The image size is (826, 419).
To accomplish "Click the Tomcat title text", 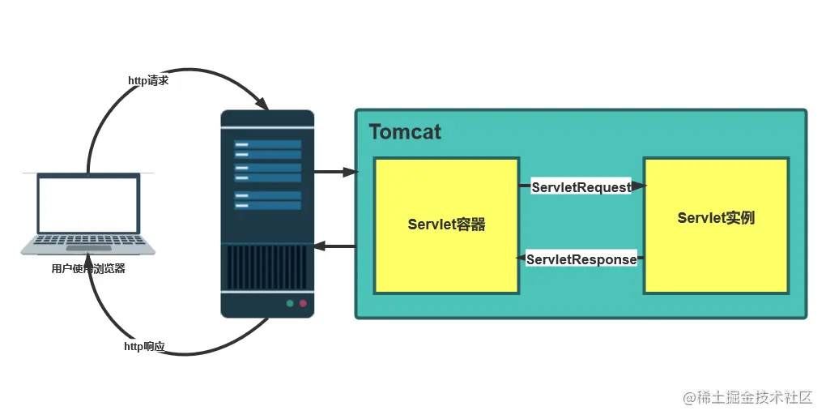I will [x=405, y=132].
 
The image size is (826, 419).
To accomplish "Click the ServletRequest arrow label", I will [x=581, y=187].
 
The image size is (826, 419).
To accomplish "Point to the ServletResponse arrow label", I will [x=581, y=260].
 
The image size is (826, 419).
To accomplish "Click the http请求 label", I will [x=148, y=81].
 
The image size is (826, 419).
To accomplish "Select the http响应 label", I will [x=144, y=347].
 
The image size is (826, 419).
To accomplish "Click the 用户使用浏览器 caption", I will [x=88, y=269].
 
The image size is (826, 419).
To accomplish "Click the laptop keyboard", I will [x=88, y=242].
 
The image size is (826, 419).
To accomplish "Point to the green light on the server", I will [x=288, y=304].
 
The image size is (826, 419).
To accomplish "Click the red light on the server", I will [x=304, y=304].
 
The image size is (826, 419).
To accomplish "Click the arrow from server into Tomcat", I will [x=335, y=172].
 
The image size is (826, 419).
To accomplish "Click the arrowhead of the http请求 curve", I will [x=262, y=105].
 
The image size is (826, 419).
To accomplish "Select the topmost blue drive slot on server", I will [x=267, y=144].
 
